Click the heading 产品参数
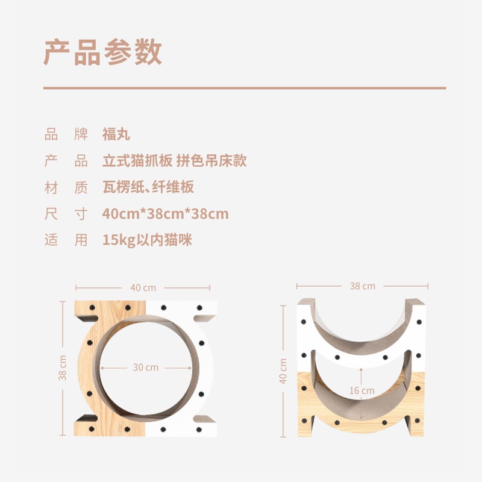[102, 52]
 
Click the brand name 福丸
[116, 134]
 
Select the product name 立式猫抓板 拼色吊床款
[175, 160]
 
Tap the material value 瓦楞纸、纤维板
[148, 187]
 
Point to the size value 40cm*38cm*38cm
[165, 214]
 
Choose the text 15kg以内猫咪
[147, 240]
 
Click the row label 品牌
[66, 134]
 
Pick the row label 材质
[66, 187]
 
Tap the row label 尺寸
[66, 214]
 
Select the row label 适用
[66, 240]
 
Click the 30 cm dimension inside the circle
[146, 368]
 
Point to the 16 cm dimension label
[362, 390]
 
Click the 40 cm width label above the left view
[143, 288]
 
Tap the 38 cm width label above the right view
[363, 286]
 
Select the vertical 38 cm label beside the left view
[63, 368]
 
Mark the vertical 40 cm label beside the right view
[283, 371]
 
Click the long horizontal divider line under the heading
[245, 88]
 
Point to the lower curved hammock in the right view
[361, 406]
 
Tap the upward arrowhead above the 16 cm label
[361, 369]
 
